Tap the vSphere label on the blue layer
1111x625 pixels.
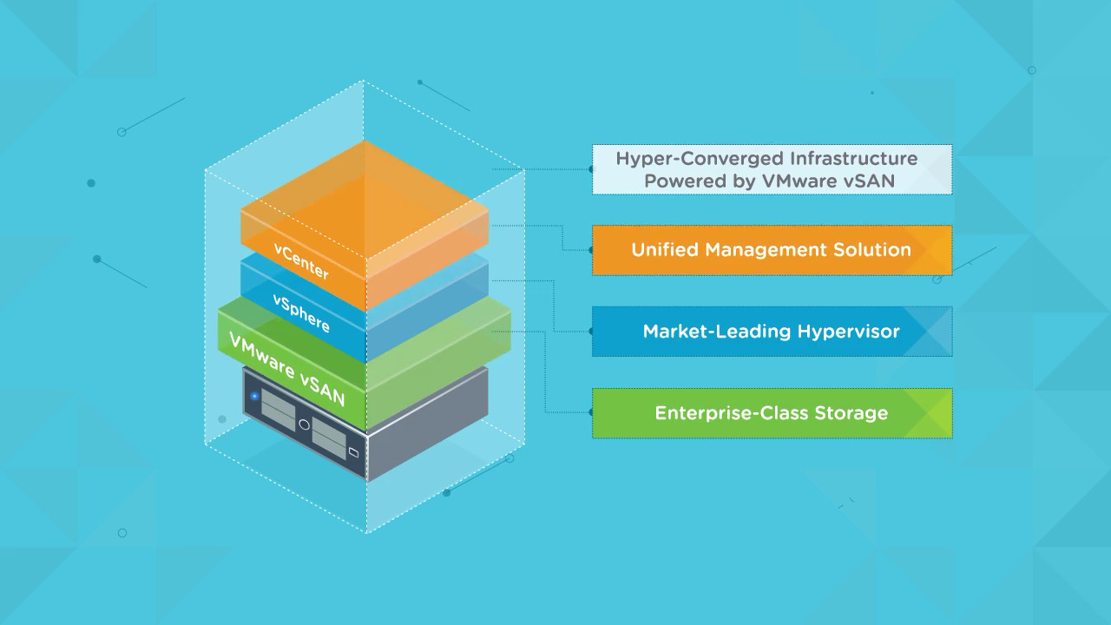[x=301, y=313]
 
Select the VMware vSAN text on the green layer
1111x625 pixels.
[x=287, y=369]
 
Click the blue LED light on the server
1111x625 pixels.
[x=255, y=397]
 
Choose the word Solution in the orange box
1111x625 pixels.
[x=871, y=250]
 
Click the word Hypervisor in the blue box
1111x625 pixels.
[x=850, y=332]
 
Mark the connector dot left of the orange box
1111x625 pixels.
[x=591, y=250]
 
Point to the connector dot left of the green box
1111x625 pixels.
[x=591, y=413]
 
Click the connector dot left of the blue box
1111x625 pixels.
[x=591, y=332]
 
